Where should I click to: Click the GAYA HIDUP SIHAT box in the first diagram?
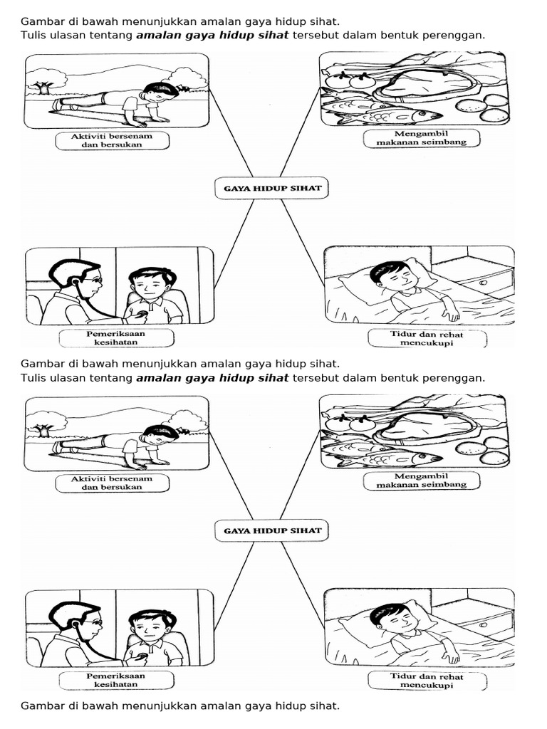tap(272, 189)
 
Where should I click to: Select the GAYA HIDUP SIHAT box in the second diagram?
tap(272, 530)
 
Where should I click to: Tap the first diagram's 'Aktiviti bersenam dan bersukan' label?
tap(112, 140)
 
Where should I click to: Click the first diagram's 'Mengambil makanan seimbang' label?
tap(415, 137)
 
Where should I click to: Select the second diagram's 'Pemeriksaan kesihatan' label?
tap(116, 680)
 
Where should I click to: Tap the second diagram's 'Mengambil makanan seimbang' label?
tap(415, 480)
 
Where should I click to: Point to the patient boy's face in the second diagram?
tap(151, 628)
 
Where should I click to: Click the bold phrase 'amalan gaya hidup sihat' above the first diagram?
tap(212, 35)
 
